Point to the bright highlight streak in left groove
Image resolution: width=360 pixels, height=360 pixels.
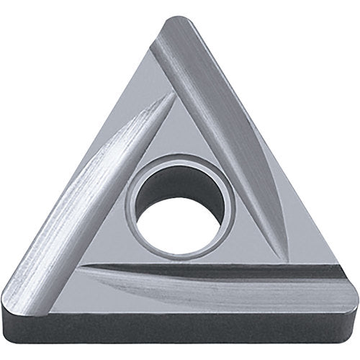(x=108, y=180)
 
